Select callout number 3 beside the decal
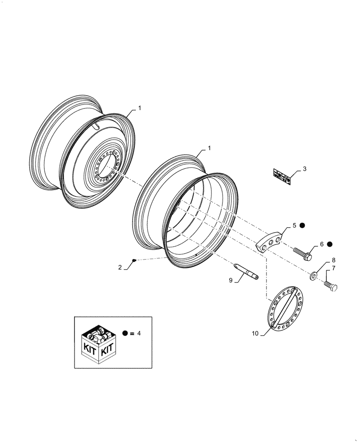click(x=305, y=169)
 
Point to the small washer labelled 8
click(x=313, y=277)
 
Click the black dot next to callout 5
click(x=302, y=225)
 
